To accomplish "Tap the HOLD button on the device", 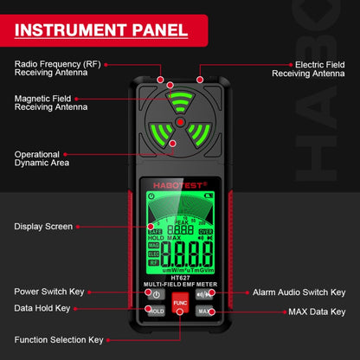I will (x=156, y=311).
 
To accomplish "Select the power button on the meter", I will (x=156, y=294).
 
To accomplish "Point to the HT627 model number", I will (x=180, y=278).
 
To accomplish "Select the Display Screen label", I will (x=43, y=227).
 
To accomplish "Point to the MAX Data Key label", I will (x=314, y=312).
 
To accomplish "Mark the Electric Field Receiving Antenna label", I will (x=308, y=69).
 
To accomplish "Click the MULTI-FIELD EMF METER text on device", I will (x=180, y=285).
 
